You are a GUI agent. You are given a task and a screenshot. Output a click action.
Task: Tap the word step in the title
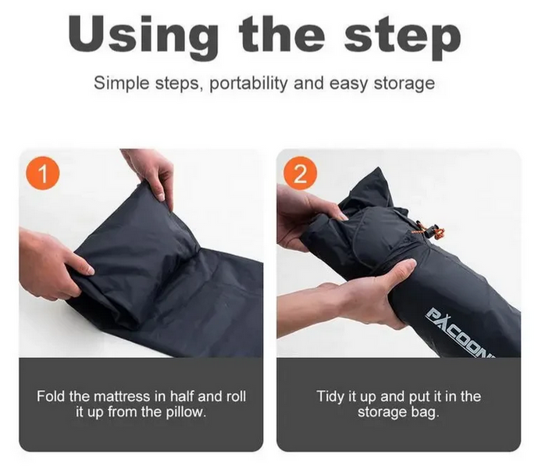(x=402, y=39)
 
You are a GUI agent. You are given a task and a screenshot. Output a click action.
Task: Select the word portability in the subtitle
(x=248, y=83)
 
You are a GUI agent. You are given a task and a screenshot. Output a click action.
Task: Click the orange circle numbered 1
(x=42, y=174)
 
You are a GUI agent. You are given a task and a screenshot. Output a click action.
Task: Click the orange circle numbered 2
(x=300, y=174)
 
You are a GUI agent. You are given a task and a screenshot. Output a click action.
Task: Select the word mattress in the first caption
(x=122, y=396)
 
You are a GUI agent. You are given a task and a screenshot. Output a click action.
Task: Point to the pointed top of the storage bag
(x=378, y=168)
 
